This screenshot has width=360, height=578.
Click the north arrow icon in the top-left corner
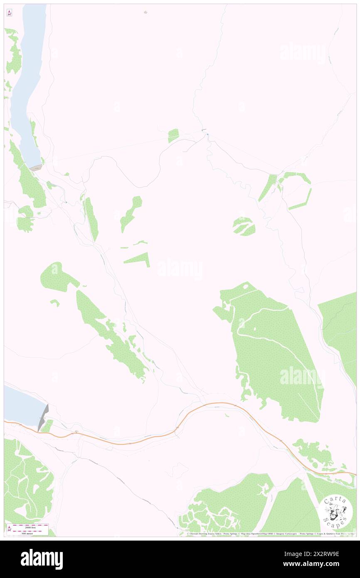(9, 13)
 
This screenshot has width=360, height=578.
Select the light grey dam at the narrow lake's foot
(36, 168)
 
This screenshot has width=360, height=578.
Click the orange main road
(125, 443)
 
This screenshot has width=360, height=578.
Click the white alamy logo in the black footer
(42, 559)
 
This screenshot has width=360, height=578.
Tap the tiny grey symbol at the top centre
(145, 12)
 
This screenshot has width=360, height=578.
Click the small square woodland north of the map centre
(173, 135)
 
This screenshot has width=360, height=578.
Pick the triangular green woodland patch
(139, 259)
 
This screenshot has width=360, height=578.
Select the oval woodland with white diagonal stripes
(244, 226)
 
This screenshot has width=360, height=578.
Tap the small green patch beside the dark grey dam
(48, 426)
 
